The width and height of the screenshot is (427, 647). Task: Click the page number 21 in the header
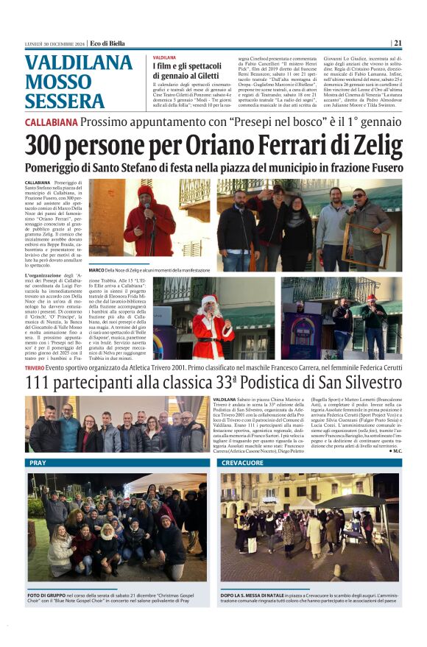[x=398, y=43]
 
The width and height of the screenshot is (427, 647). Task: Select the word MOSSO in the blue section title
[x=56, y=80]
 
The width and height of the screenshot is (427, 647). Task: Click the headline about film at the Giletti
[x=187, y=71]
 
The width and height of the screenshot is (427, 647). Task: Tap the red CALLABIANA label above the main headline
[x=51, y=121]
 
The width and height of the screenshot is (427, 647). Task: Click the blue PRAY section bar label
[x=38, y=463]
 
